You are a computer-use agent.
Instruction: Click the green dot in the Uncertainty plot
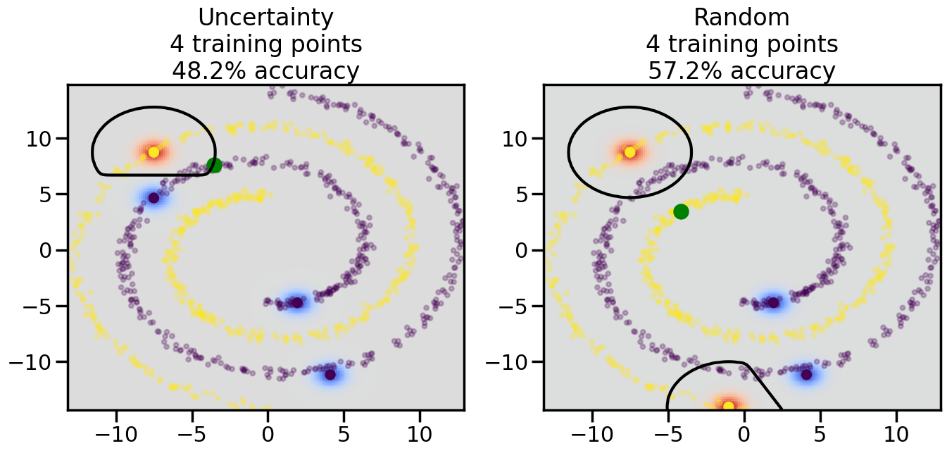pos(214,166)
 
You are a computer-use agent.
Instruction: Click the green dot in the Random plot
pos(681,211)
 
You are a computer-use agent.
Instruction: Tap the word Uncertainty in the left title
pos(266,18)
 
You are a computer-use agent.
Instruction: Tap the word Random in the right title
pos(742,18)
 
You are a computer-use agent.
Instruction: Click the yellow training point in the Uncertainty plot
pos(153,152)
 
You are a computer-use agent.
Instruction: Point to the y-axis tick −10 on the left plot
pos(35,362)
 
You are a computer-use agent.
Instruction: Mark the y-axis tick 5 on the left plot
pos(48,194)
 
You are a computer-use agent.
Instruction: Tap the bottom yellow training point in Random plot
pos(728,406)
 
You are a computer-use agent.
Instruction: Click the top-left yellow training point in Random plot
pos(629,152)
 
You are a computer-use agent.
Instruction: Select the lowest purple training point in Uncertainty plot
pos(330,374)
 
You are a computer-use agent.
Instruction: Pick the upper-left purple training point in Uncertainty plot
pos(153,197)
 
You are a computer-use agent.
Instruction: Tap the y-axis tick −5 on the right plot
pos(518,306)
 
